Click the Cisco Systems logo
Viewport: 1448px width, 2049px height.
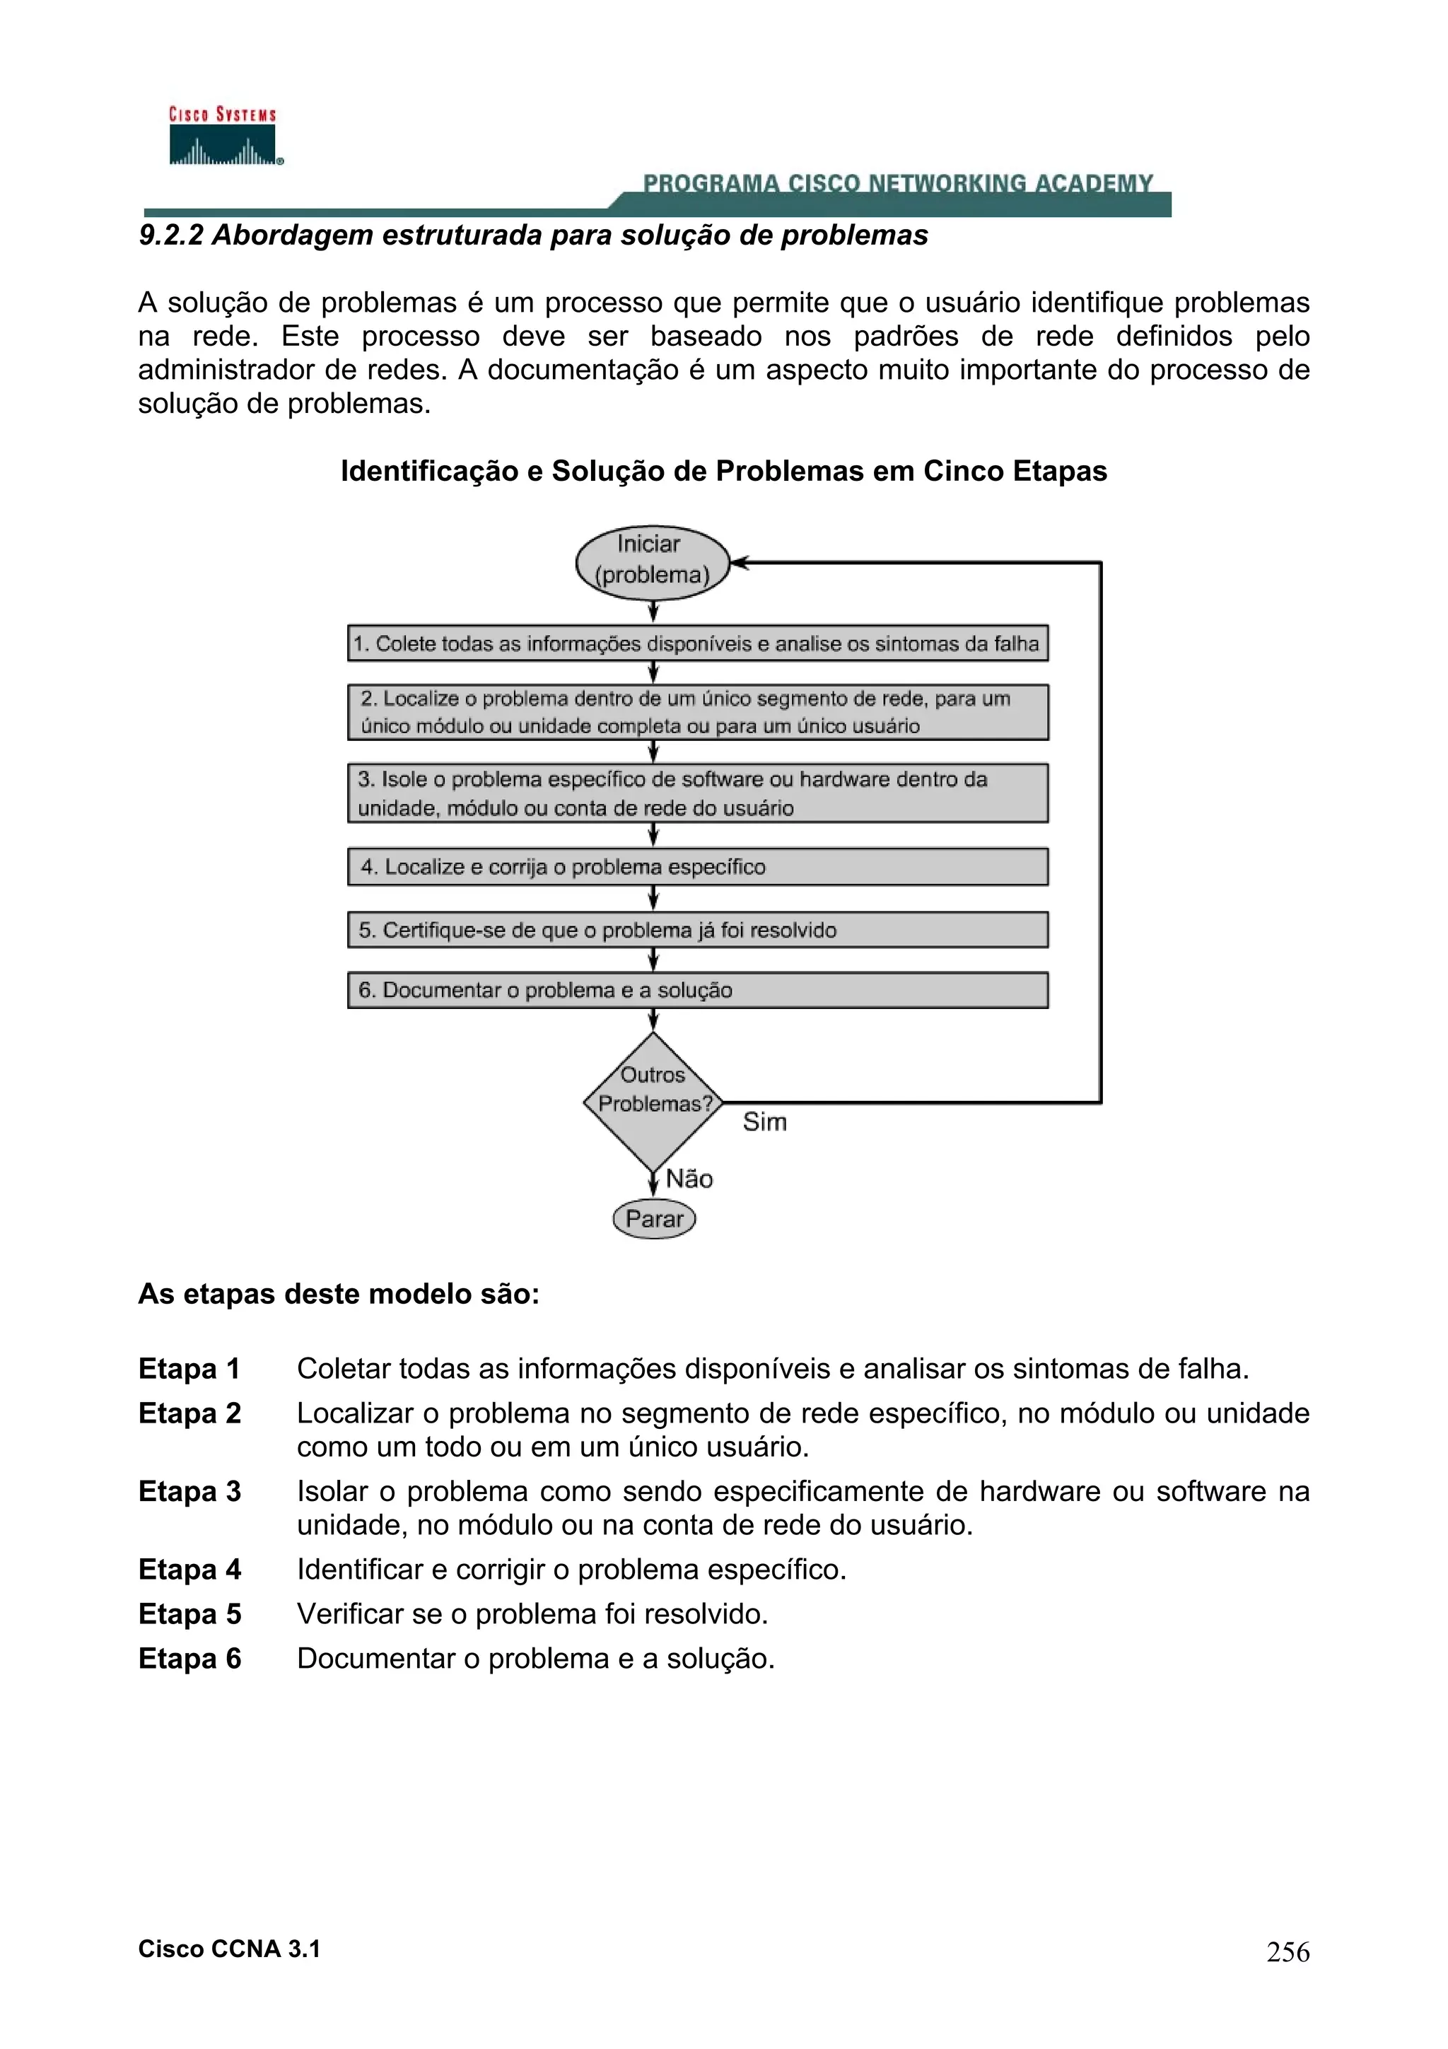pos(223,136)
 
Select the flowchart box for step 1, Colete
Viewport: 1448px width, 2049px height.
pos(697,643)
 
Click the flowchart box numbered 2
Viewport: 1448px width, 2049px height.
pos(697,712)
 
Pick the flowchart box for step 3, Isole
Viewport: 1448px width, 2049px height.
pos(697,793)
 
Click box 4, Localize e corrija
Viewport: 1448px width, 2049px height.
pos(697,867)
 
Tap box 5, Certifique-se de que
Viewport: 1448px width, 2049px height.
pos(697,930)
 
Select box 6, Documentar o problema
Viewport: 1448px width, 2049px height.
pos(697,990)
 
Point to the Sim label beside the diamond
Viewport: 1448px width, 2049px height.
pos(764,1122)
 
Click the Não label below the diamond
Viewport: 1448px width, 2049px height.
pos(689,1179)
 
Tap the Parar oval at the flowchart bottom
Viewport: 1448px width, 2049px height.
pos(654,1219)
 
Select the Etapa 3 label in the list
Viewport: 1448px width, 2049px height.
pos(190,1491)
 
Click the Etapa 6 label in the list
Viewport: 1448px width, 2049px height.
pos(190,1658)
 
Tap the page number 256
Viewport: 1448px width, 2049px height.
pos(1288,1951)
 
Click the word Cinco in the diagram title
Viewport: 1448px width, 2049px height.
pos(964,470)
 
